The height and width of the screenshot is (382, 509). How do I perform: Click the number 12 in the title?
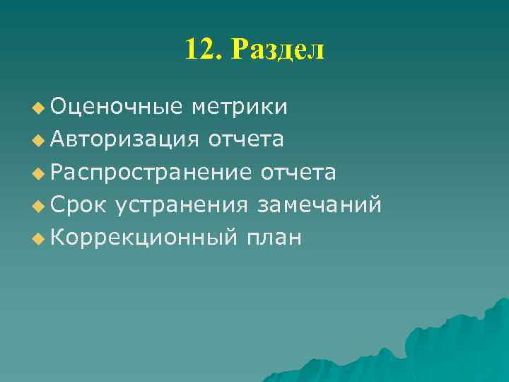point(197,50)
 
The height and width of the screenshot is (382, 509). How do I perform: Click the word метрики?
point(239,107)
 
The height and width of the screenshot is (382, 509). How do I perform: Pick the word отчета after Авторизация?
point(246,139)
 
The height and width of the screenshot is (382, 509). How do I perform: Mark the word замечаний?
point(320,205)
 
